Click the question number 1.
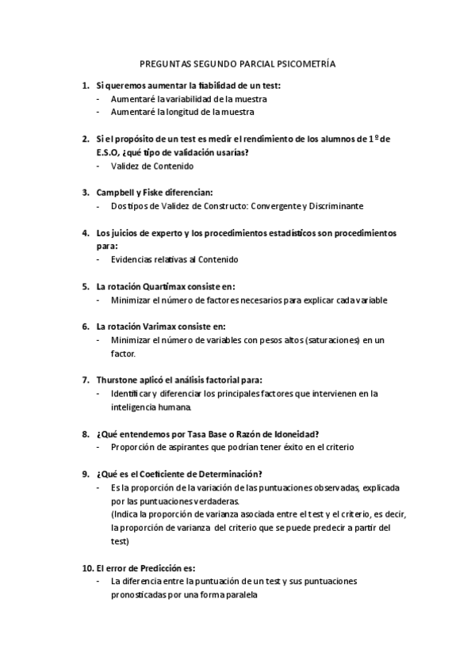(x=85, y=85)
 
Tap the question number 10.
(x=87, y=568)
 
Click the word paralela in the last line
(x=239, y=594)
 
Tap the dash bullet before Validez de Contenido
(x=98, y=166)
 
